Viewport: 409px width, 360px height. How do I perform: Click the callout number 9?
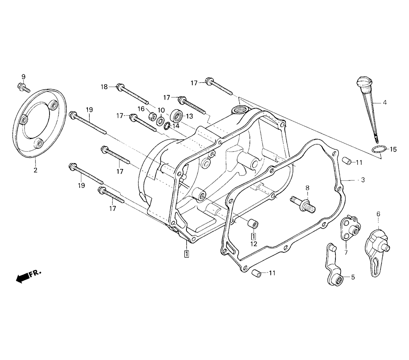[23, 77]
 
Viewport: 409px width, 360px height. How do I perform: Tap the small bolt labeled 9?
[23, 87]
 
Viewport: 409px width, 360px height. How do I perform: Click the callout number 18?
[104, 87]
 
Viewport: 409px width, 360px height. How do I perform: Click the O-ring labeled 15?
[378, 149]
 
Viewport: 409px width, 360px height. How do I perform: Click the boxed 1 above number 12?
[254, 236]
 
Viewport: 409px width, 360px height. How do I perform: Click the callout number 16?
[141, 109]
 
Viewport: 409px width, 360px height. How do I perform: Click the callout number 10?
[161, 110]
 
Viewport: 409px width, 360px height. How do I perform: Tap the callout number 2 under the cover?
[35, 170]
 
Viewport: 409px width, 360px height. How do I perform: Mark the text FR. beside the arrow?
[36, 273]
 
